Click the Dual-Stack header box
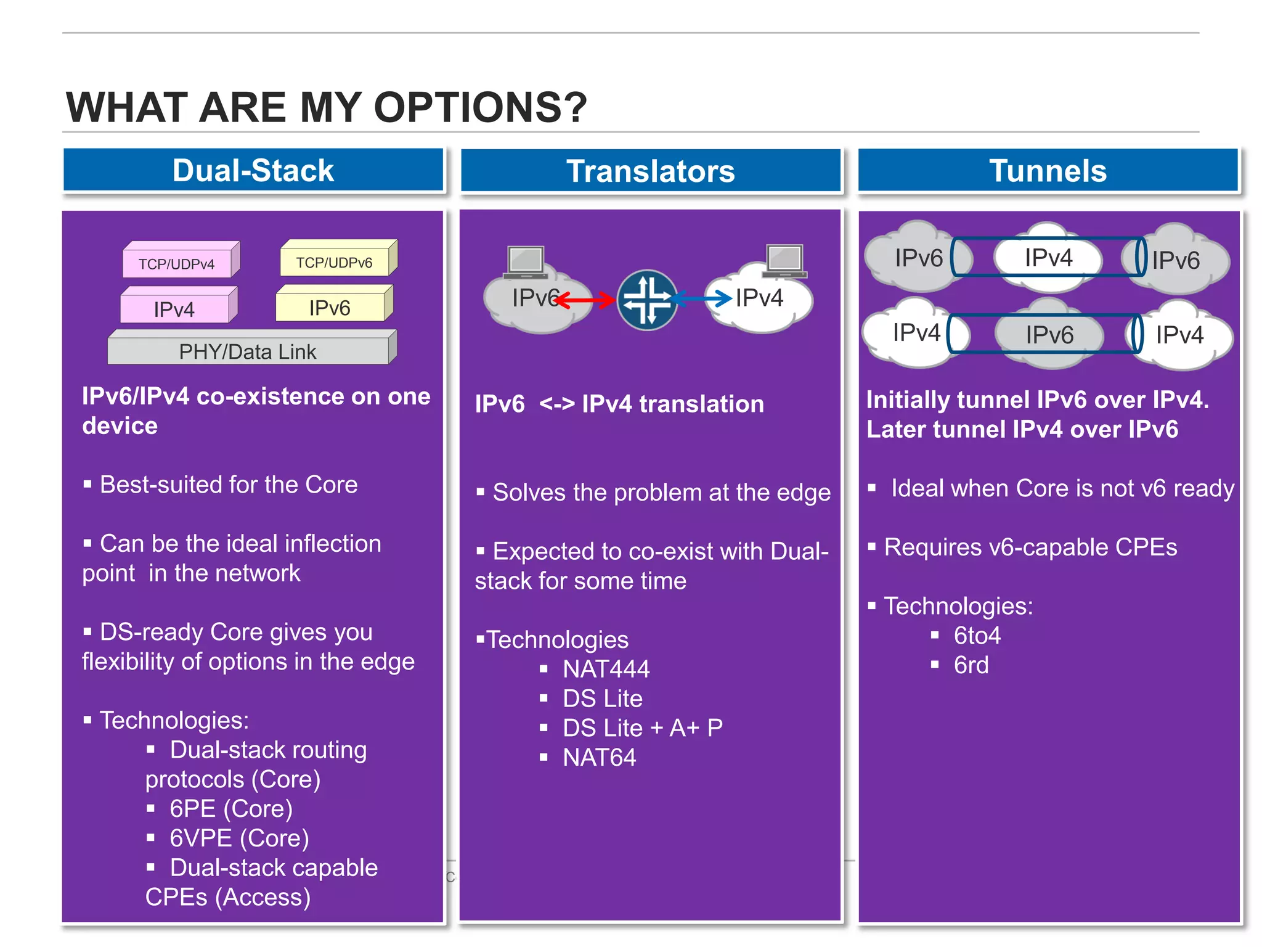click(253, 170)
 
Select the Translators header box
click(650, 171)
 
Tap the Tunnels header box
click(1048, 171)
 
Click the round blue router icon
click(647, 300)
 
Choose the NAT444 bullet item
click(606, 669)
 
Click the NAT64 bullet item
click(599, 758)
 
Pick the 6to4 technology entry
click(977, 636)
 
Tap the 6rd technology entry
click(971, 665)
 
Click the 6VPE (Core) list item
click(239, 838)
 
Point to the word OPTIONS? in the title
click(480, 107)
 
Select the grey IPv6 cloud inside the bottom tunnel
click(1049, 335)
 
